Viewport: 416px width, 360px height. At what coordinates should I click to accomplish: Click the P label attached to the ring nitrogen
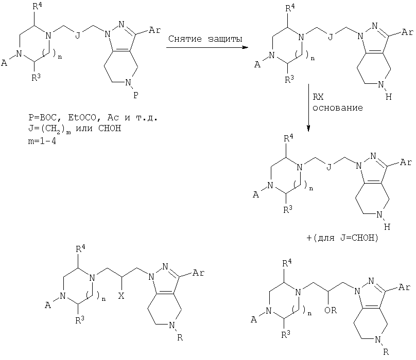[135, 95]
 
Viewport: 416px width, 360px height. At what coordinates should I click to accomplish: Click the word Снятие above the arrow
[185, 39]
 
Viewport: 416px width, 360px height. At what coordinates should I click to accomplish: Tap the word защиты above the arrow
[225, 39]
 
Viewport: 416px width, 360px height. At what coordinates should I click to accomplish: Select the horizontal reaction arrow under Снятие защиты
[207, 47]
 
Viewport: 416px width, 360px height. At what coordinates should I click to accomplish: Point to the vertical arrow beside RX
[308, 107]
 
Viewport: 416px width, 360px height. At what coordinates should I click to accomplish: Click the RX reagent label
[318, 97]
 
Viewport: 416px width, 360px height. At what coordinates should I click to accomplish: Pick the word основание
[337, 108]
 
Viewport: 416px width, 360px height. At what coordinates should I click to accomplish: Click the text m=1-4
[42, 141]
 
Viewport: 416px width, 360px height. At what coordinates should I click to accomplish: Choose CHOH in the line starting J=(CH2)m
[110, 129]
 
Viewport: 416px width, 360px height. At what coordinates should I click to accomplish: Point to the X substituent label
[121, 296]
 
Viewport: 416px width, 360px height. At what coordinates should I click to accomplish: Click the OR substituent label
[331, 310]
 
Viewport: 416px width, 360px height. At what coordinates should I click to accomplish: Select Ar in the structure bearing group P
[154, 30]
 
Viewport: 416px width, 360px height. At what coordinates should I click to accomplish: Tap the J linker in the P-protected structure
[77, 35]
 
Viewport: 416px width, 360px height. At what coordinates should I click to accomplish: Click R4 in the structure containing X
[80, 249]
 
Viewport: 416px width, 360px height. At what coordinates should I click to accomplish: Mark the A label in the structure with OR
[254, 320]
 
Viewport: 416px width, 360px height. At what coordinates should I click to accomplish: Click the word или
[84, 129]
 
